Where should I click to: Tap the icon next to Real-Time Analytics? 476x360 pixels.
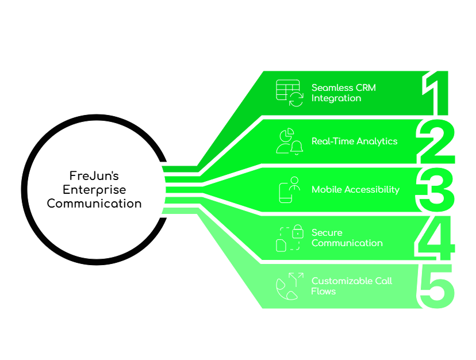tap(289, 141)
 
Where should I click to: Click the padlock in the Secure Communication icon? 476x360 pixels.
tap(297, 232)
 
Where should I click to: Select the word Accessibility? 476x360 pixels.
tap(372, 189)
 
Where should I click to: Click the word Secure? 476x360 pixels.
tap(327, 232)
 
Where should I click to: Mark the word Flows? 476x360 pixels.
tap(324, 291)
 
